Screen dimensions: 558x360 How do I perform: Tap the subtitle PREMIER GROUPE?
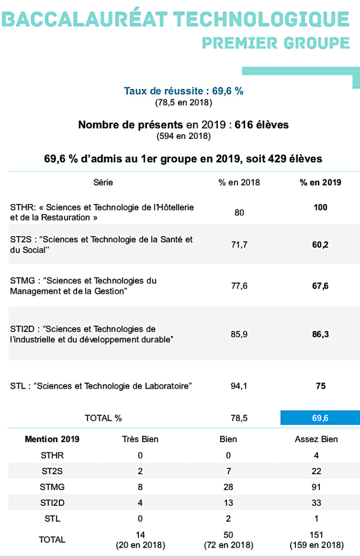coord(276,43)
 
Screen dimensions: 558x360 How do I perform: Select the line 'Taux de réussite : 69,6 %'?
coord(184,91)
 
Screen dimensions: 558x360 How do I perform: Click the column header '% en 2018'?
coord(239,182)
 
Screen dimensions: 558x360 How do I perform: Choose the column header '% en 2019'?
coord(320,182)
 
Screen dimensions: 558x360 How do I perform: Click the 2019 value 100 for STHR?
coord(320,207)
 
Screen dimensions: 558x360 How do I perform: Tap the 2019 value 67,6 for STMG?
coord(320,286)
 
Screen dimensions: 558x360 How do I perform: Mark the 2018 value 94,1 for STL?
coord(239,386)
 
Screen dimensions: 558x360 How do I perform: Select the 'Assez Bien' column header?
coord(316,439)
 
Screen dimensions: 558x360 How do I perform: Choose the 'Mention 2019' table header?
coord(52,439)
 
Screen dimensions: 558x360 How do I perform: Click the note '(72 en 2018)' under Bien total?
coord(228,545)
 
